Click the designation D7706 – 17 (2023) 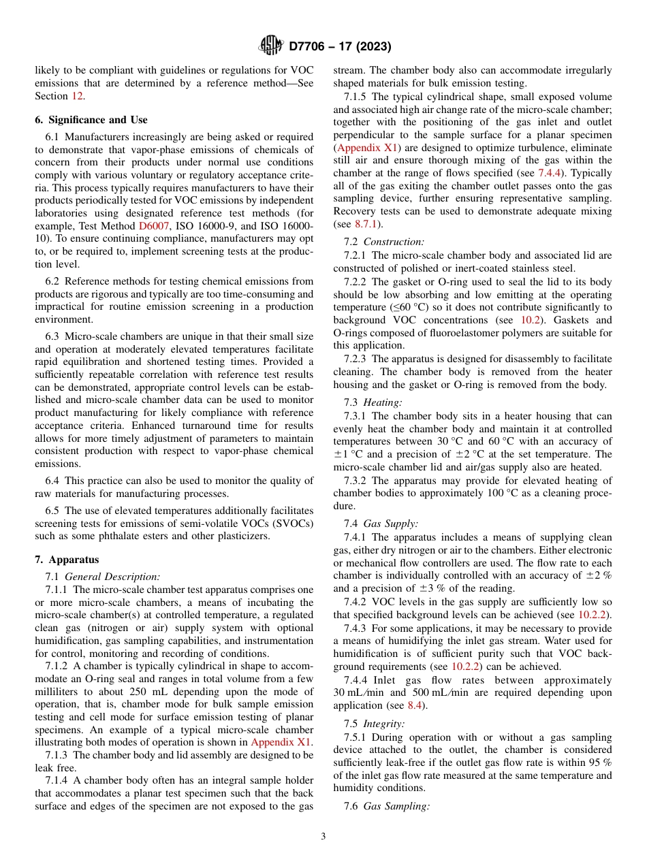[340, 47]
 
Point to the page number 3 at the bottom [323, 837]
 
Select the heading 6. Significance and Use [91, 120]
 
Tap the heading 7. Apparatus [67, 560]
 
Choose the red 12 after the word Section [78, 96]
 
